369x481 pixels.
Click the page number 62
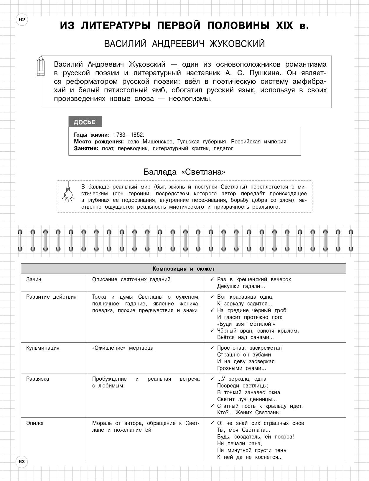22,20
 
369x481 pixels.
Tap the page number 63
22,462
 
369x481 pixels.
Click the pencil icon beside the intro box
41,66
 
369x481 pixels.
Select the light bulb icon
68,193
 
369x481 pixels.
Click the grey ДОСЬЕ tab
85,122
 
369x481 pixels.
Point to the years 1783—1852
129,135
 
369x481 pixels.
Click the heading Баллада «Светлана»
184,172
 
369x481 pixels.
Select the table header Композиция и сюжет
183,269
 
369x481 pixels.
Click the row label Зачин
34,279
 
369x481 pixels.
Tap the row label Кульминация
43,348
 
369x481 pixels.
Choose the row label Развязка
37,379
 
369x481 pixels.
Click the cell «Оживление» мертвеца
123,348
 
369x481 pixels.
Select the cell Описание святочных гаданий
131,279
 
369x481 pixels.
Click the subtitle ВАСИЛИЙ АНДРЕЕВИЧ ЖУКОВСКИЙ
185,44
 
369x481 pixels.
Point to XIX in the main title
284,26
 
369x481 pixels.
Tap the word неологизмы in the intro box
190,99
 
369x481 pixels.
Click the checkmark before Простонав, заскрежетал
212,348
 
